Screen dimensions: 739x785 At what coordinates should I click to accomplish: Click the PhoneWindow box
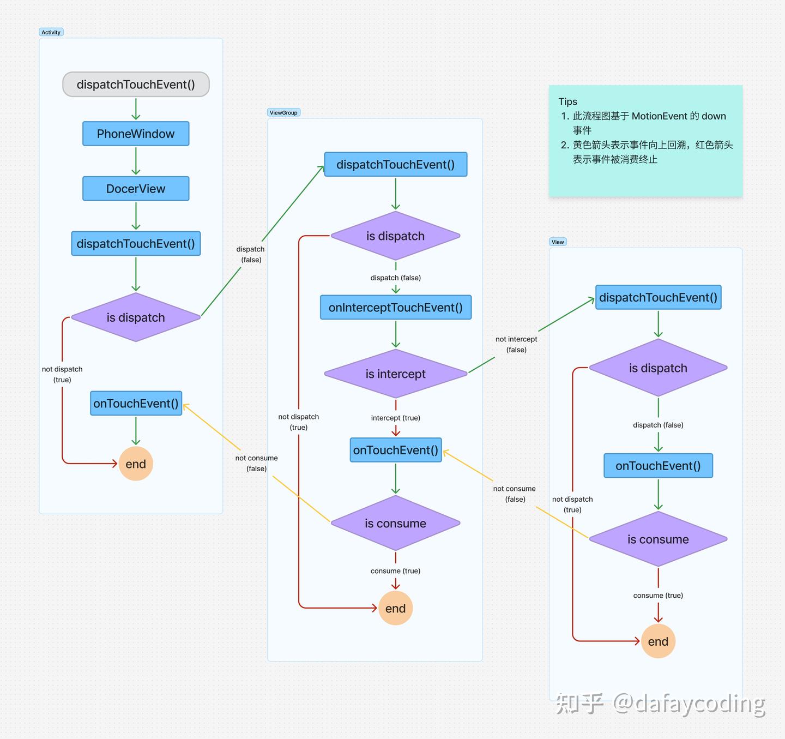coord(136,134)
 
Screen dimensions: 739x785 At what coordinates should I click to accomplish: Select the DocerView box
coord(136,189)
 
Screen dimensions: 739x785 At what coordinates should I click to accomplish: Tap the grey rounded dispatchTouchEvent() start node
coord(136,85)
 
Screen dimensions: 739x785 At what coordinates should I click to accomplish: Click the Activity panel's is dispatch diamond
coord(136,317)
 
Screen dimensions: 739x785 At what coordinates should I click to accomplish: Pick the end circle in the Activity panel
coord(136,464)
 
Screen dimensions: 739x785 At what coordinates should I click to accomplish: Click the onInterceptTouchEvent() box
coord(395,308)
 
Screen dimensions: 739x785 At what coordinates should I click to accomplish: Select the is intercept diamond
coord(395,374)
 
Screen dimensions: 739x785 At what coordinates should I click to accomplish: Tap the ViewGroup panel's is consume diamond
coord(395,524)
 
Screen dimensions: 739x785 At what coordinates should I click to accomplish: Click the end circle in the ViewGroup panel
coord(395,608)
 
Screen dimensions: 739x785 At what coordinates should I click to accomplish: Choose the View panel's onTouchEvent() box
coord(658,466)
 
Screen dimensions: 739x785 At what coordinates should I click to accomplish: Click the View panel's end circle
coord(658,641)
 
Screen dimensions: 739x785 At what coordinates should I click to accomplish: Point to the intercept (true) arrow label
coord(395,418)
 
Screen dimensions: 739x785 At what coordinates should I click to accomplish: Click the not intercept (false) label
coord(516,344)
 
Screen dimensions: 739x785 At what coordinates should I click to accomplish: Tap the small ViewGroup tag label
coord(283,113)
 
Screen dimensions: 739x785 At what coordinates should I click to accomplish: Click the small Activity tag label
coord(51,32)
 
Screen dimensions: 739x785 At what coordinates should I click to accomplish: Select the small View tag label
coord(558,242)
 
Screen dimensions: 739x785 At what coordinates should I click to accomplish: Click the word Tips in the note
coord(567,101)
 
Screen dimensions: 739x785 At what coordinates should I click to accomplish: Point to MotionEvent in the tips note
coord(659,116)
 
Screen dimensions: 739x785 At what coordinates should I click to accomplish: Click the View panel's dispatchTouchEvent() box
coord(658,297)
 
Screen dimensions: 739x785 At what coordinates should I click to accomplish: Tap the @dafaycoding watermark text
coord(689,704)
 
